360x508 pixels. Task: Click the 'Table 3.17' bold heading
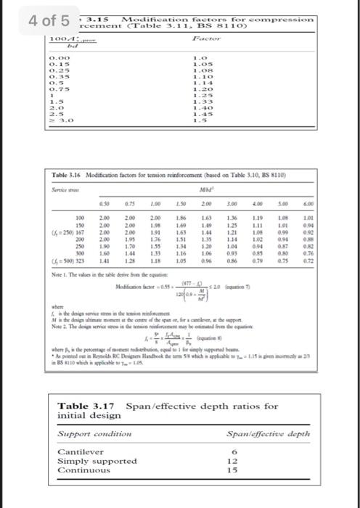click(82, 405)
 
